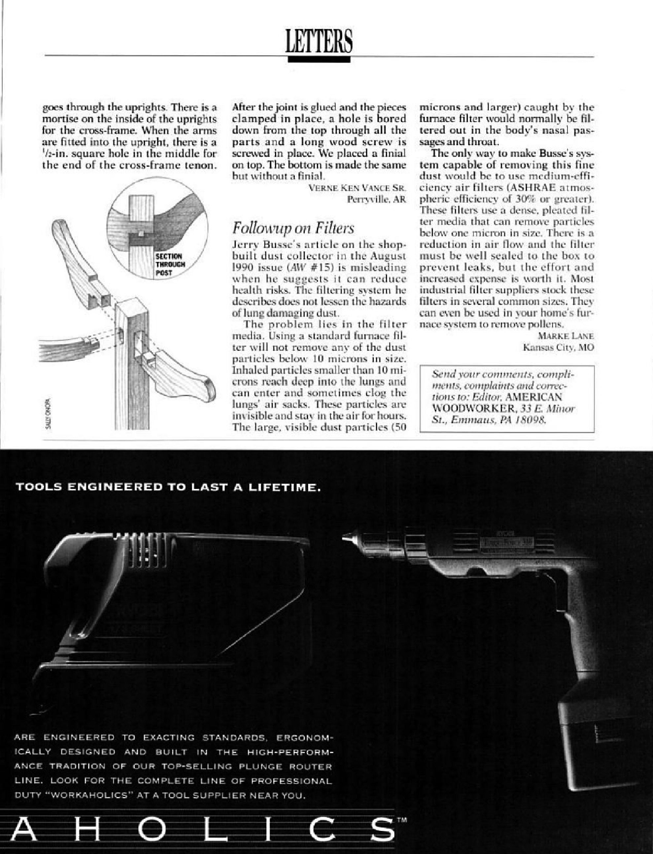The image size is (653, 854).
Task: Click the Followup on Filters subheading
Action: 293,228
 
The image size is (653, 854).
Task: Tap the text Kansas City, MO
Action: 559,347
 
